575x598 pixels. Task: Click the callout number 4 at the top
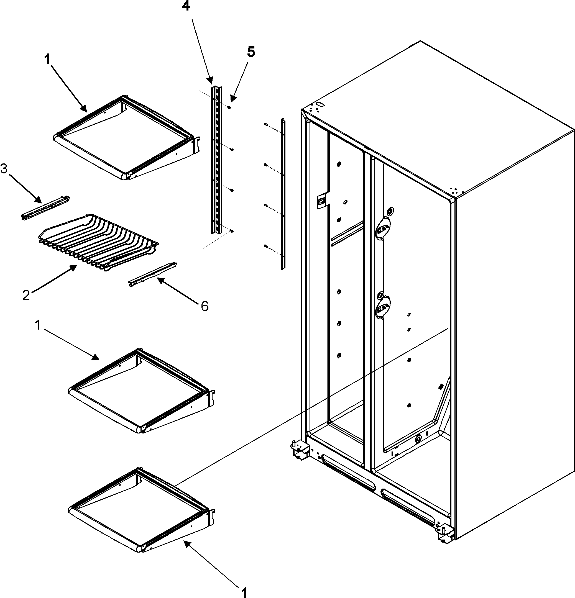pyautogui.click(x=186, y=6)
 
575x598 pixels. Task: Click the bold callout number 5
pyautogui.click(x=251, y=52)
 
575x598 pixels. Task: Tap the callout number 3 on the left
pyautogui.click(x=4, y=168)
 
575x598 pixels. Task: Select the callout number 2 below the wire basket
pyautogui.click(x=26, y=295)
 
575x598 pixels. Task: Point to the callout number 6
pyautogui.click(x=205, y=306)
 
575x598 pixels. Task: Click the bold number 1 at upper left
pyautogui.click(x=47, y=60)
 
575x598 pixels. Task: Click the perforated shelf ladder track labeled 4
pyautogui.click(x=216, y=159)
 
